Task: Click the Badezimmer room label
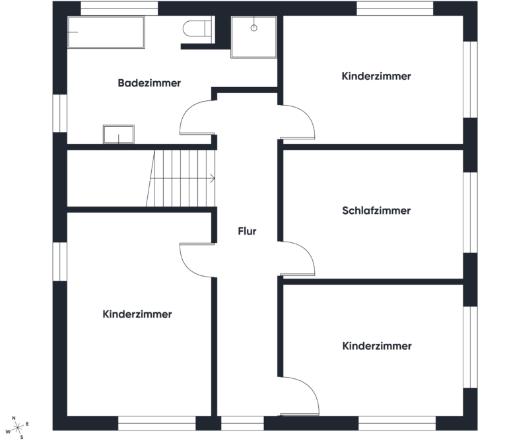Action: [149, 83]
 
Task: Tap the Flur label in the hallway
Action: [247, 231]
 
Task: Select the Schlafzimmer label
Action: [376, 211]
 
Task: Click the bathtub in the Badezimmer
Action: [106, 32]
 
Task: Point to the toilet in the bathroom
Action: [197, 29]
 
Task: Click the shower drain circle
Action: [253, 28]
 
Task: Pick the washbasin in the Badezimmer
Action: [119, 134]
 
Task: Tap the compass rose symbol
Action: [17, 428]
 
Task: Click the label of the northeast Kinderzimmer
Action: [376, 76]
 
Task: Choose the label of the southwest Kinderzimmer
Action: [137, 314]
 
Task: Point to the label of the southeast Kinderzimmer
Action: [377, 346]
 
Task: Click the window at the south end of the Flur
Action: [242, 423]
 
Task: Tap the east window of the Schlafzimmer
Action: [470, 213]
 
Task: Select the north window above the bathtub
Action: [119, 9]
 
